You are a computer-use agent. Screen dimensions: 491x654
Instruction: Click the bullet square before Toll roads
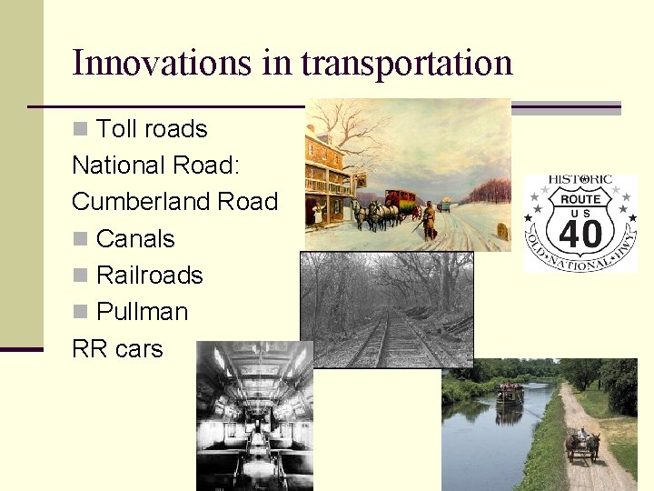pyautogui.click(x=81, y=129)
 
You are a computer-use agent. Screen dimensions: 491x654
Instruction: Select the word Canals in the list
pyautogui.click(x=134, y=238)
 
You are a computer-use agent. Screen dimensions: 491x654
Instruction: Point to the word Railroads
pyautogui.click(x=149, y=275)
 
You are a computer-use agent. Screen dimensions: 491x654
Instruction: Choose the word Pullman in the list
pyautogui.click(x=142, y=311)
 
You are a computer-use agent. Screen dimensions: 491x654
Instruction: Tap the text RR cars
pyautogui.click(x=117, y=348)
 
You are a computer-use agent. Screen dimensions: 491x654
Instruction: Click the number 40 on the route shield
pyautogui.click(x=580, y=234)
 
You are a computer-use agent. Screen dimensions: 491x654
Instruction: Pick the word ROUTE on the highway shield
pyautogui.click(x=580, y=199)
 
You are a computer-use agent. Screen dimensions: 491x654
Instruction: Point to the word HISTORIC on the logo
pyautogui.click(x=580, y=182)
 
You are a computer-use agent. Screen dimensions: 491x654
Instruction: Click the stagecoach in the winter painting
pyautogui.click(x=399, y=202)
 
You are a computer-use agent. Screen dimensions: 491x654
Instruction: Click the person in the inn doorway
pyautogui.click(x=317, y=212)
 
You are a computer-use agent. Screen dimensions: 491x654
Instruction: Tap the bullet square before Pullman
pyautogui.click(x=81, y=311)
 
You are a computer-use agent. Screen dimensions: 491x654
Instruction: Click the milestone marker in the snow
pyautogui.click(x=501, y=232)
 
